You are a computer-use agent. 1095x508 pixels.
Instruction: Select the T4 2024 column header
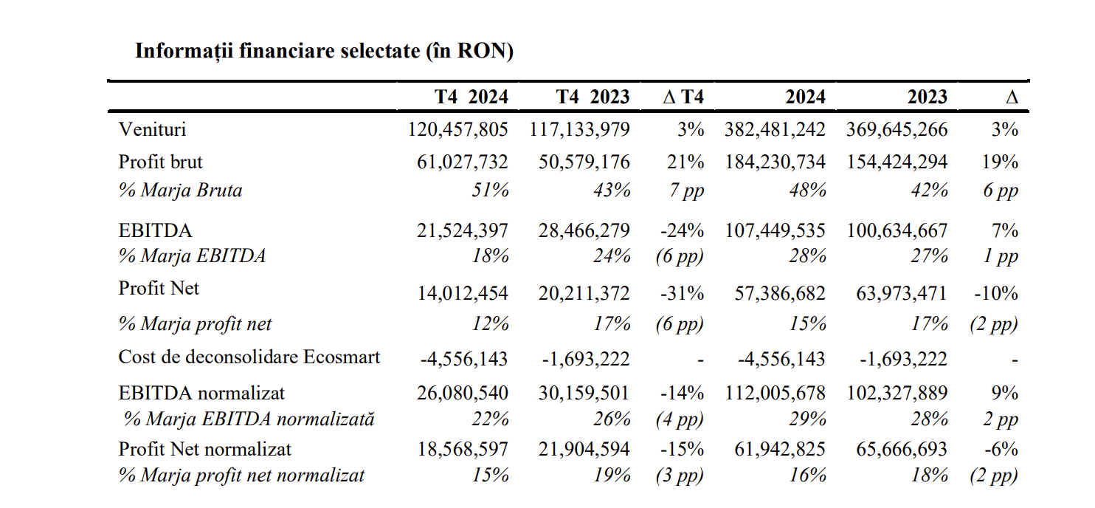(x=471, y=97)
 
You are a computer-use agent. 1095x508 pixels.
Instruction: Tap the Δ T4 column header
(x=683, y=97)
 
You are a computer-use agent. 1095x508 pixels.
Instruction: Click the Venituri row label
(x=152, y=129)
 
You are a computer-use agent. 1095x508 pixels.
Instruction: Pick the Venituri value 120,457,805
(x=457, y=130)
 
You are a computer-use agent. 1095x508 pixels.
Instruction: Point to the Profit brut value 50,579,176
(x=584, y=162)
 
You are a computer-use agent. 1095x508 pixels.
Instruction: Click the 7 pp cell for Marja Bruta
(x=686, y=190)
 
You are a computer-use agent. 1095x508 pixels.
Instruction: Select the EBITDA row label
(x=155, y=230)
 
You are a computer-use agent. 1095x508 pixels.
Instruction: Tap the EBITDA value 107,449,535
(x=775, y=230)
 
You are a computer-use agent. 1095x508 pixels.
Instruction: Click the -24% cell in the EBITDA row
(x=683, y=230)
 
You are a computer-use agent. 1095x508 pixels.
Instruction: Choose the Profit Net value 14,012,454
(x=463, y=293)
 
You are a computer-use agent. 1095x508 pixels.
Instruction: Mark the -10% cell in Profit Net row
(x=996, y=293)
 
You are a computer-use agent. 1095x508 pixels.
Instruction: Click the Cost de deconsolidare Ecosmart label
(x=249, y=357)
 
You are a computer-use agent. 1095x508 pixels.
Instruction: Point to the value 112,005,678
(x=775, y=393)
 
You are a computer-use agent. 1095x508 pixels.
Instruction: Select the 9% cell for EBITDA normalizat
(x=1006, y=393)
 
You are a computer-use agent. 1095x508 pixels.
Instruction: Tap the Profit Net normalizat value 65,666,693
(x=902, y=449)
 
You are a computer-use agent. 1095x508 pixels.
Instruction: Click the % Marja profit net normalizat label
(x=241, y=476)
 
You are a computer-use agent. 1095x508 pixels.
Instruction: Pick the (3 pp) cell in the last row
(x=680, y=476)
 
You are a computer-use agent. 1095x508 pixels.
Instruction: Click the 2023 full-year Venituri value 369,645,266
(x=897, y=130)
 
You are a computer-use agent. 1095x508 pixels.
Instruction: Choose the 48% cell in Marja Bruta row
(x=807, y=190)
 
